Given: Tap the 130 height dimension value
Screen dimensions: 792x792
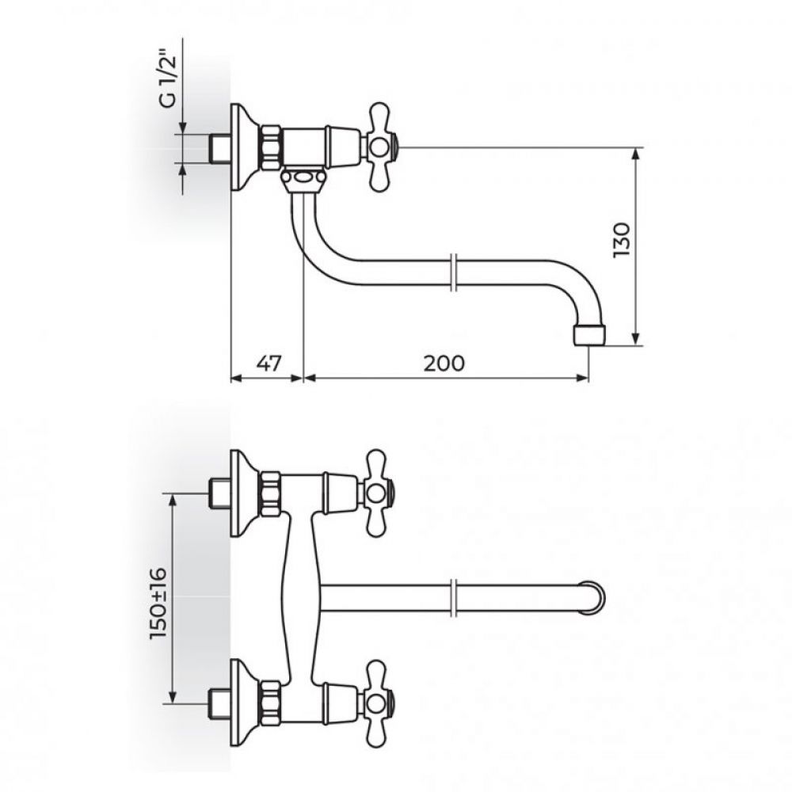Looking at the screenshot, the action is tap(622, 239).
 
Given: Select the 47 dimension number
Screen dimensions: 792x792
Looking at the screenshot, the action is tap(268, 363).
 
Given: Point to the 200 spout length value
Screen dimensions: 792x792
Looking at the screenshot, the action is tap(444, 363).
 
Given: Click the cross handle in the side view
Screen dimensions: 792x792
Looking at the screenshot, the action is tap(382, 147).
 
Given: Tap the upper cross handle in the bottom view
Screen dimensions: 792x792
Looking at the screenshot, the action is tap(379, 493).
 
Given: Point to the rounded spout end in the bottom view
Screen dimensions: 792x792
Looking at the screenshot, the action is tap(597, 597).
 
